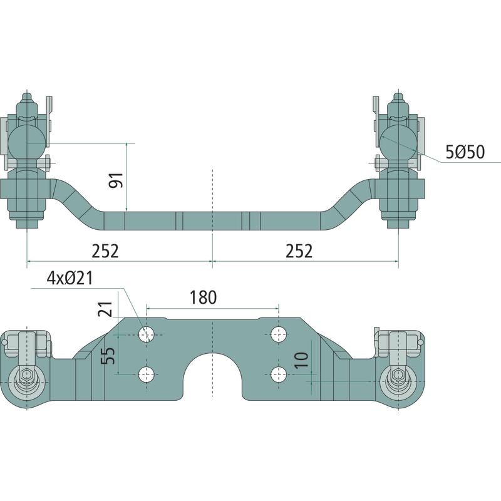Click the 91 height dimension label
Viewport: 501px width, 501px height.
coord(116,180)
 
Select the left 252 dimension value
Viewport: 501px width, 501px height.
coord(105,251)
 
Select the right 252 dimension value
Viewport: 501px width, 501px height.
coord(299,251)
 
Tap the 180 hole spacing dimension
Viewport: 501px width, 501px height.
coord(203,297)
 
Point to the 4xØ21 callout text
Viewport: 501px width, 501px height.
coord(70,278)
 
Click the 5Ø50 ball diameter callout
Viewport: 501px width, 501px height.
coord(465,152)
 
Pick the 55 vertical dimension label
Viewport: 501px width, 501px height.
coord(108,356)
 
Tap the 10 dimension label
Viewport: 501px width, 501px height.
coord(301,360)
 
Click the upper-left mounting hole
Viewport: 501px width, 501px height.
coord(147,335)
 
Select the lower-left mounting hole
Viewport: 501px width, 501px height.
coord(147,374)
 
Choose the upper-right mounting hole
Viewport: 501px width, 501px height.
coord(279,335)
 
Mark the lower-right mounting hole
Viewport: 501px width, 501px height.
coord(279,374)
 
